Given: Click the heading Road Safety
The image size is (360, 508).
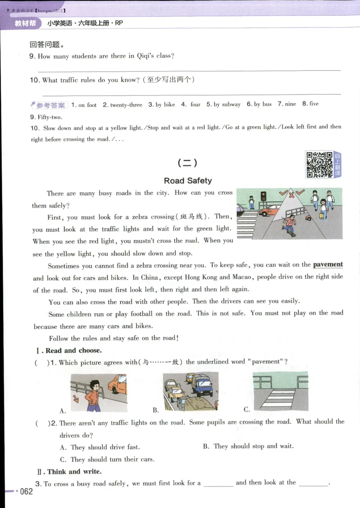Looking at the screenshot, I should pyautogui.click(x=188, y=181).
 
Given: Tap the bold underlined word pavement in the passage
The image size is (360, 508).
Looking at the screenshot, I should pyautogui.click(x=328, y=264).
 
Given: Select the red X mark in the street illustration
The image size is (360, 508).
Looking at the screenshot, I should pyautogui.click(x=291, y=195).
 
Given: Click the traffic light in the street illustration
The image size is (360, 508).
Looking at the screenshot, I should pyautogui.click(x=263, y=196).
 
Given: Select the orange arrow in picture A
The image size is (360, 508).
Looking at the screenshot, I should pyautogui.click(x=75, y=398).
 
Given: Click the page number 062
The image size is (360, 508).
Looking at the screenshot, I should pyautogui.click(x=26, y=491).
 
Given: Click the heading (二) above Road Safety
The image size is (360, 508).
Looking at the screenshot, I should pyautogui.click(x=187, y=163).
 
